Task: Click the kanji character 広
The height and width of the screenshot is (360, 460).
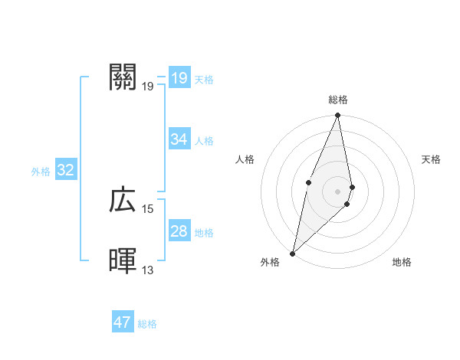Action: tap(123, 201)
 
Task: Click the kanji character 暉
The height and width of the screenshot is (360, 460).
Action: tap(123, 261)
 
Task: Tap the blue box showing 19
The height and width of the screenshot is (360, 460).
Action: tap(179, 77)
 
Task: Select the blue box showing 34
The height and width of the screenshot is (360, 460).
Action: tap(179, 139)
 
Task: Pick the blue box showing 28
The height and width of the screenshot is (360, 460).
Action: tap(179, 231)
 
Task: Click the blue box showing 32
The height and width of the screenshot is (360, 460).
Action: tap(65, 170)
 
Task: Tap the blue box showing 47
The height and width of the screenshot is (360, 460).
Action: tap(123, 322)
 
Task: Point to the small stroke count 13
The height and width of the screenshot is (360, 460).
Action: tap(148, 270)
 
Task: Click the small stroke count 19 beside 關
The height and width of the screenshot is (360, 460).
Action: tap(148, 86)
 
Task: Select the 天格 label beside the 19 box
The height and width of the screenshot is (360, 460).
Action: tap(204, 80)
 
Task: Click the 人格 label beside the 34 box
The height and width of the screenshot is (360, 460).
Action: tap(204, 141)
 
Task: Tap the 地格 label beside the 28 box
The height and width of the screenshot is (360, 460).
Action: tap(204, 233)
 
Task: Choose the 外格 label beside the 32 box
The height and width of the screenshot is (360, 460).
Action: tap(41, 172)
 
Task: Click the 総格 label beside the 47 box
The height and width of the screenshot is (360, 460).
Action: tap(147, 324)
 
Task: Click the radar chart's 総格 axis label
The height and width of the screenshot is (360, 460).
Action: tap(338, 100)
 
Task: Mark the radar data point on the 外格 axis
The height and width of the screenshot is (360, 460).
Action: tap(293, 254)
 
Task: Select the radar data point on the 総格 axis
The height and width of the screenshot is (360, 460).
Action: tap(338, 116)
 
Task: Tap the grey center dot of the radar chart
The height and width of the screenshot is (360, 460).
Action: tap(338, 191)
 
